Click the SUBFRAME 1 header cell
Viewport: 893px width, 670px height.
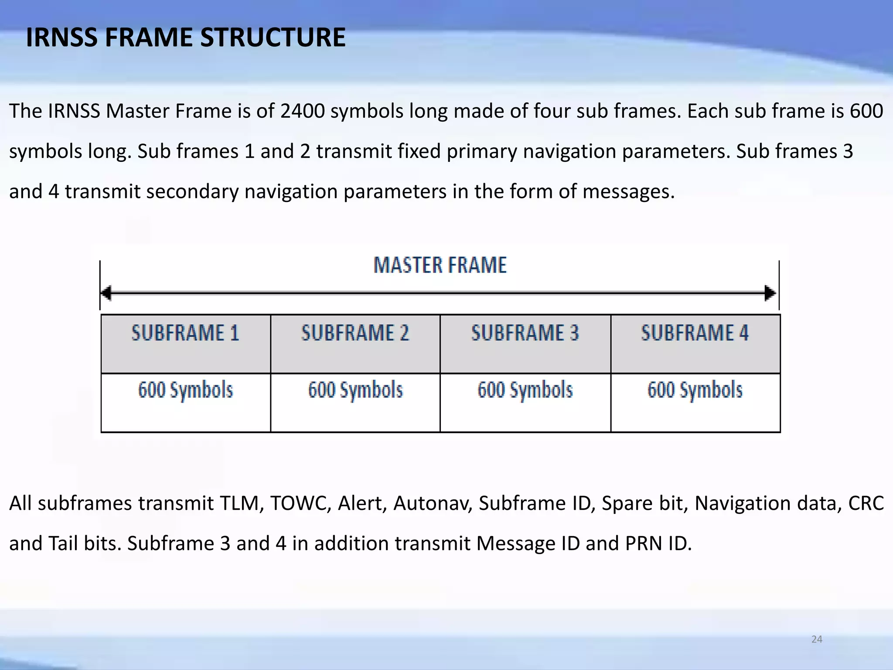[186, 343]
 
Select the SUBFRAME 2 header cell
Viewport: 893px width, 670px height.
[355, 343]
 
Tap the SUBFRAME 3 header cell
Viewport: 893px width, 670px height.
[525, 343]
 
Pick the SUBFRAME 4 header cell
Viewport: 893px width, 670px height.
[695, 343]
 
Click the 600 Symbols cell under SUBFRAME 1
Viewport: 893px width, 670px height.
[186, 402]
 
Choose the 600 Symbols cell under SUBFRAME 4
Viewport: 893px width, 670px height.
[695, 402]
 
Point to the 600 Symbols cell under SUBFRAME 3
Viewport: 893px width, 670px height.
[525, 402]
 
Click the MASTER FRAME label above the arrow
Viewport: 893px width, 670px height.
[440, 265]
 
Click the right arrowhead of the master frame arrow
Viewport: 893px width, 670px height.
[770, 293]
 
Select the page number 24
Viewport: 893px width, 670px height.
[817, 639]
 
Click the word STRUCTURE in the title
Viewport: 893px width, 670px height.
[273, 38]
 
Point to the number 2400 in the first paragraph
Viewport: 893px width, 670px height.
[302, 111]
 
